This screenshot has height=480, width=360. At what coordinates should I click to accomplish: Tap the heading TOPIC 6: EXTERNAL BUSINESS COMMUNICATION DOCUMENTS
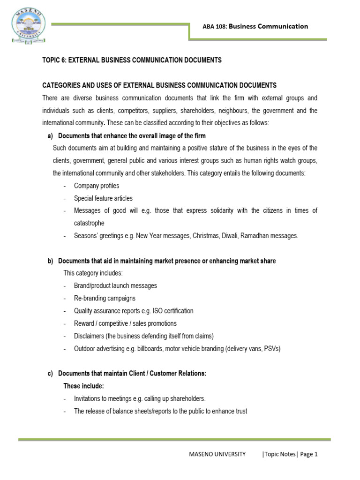click(x=132, y=60)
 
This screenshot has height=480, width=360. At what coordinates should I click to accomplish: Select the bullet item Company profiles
click(x=97, y=186)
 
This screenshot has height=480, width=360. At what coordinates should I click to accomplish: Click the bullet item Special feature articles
click(x=103, y=198)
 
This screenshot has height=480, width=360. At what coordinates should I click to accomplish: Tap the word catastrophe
click(x=89, y=223)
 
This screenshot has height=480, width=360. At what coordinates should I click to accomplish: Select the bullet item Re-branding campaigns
click(x=105, y=298)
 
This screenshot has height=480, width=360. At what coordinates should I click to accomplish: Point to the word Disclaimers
click(x=90, y=336)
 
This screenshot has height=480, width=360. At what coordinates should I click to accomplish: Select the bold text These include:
click(x=83, y=386)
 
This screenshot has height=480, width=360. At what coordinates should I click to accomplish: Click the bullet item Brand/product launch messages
click(x=115, y=285)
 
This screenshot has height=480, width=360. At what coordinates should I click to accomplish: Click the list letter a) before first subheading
click(x=50, y=136)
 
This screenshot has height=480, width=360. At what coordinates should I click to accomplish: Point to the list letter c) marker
click(x=50, y=374)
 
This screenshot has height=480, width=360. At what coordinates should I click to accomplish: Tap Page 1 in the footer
click(x=309, y=454)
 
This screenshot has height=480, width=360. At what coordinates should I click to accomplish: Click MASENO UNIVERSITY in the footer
click(x=217, y=454)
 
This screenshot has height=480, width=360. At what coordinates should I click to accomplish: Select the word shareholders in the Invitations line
click(x=185, y=399)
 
